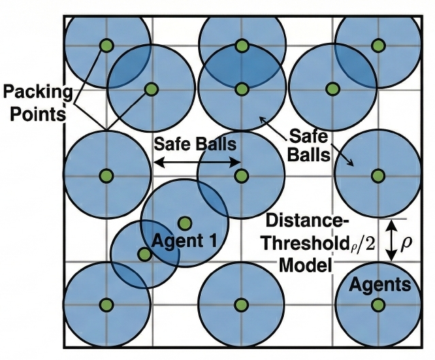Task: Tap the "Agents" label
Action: (x=381, y=284)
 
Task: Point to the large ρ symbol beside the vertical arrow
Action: (x=407, y=242)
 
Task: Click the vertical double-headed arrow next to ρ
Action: (x=391, y=242)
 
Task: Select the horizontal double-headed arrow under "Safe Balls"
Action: (x=197, y=162)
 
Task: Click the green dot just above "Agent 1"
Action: (x=184, y=223)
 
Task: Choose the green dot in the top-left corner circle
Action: (x=106, y=46)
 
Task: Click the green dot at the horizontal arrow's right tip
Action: (x=241, y=175)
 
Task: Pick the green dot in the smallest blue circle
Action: (x=144, y=254)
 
